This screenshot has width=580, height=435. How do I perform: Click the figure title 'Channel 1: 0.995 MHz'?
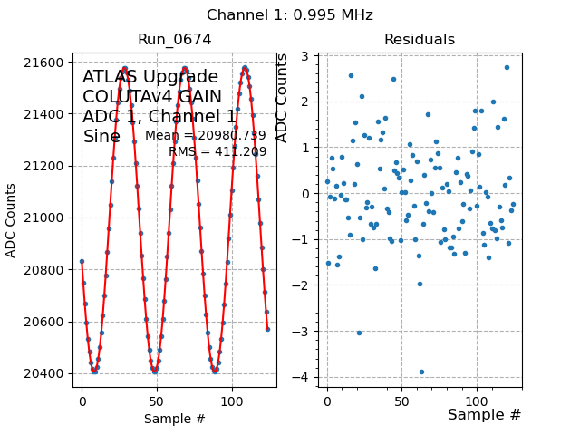point(289,15)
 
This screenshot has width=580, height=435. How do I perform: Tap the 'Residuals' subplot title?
point(420,40)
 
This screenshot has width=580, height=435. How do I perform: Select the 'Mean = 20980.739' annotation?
point(206,136)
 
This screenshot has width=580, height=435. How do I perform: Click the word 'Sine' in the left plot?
point(101,136)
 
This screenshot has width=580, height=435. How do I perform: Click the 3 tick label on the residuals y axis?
point(307,56)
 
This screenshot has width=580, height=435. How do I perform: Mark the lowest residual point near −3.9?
point(421,372)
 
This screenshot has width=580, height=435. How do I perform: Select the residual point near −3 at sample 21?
point(359,333)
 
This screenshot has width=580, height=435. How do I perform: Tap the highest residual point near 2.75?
point(507,67)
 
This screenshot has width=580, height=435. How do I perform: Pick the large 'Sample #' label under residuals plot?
point(484,415)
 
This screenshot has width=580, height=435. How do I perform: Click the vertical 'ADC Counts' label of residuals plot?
point(282,98)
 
